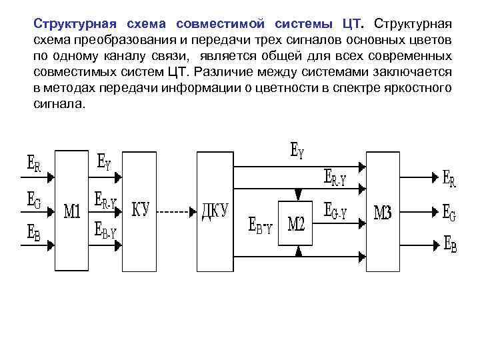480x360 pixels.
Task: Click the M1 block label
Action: click(x=71, y=213)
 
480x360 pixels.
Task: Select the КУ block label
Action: click(x=141, y=211)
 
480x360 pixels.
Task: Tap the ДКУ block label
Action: click(x=215, y=213)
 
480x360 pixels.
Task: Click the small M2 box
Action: click(x=296, y=223)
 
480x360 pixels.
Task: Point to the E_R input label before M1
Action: click(x=33, y=164)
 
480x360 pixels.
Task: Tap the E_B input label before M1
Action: click(x=33, y=232)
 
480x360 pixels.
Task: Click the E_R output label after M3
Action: click(x=450, y=178)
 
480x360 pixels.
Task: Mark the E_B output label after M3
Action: click(x=450, y=243)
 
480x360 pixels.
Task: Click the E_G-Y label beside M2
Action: click(x=335, y=213)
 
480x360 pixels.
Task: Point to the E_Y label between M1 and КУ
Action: click(x=105, y=162)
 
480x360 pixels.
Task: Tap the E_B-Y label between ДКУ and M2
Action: click(x=260, y=225)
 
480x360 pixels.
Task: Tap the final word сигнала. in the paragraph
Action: click(x=59, y=104)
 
